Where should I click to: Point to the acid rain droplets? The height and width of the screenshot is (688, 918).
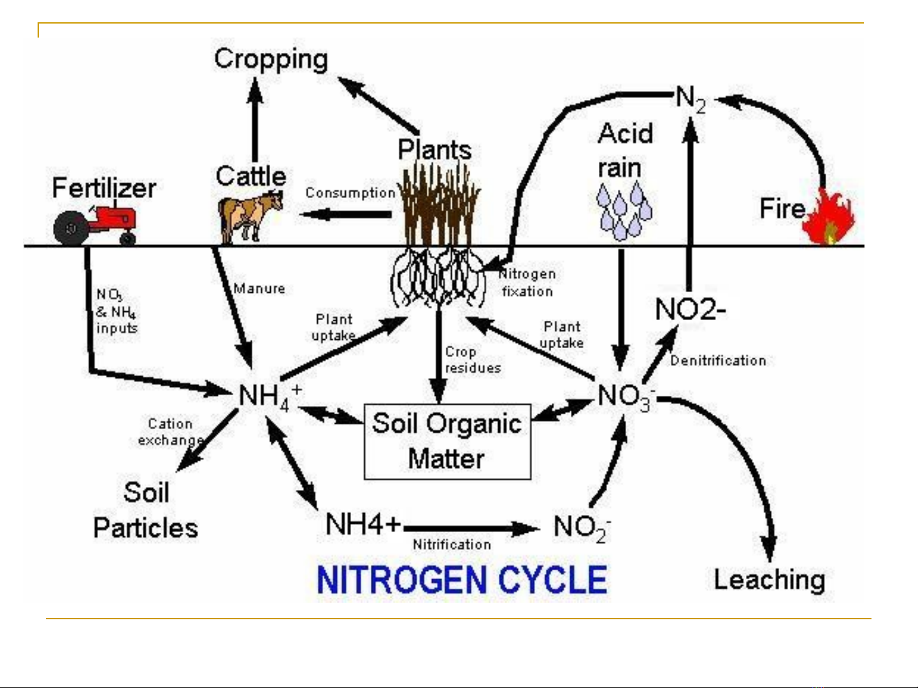[624, 211]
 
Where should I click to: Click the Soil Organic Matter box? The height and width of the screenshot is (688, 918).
[447, 441]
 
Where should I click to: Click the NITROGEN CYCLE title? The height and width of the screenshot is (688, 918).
[461, 579]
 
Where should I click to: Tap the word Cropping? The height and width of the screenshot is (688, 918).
[271, 59]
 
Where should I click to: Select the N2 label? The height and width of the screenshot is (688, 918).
[691, 99]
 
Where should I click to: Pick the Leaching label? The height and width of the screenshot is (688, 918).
[769, 580]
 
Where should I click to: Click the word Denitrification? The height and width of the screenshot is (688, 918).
[718, 361]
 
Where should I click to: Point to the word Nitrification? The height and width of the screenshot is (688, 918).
[452, 545]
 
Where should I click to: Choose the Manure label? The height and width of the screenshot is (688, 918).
[259, 289]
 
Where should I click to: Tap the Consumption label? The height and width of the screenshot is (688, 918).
[350, 193]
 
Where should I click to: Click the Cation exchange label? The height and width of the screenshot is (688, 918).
[170, 432]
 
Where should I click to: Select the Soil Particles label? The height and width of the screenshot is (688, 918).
[146, 510]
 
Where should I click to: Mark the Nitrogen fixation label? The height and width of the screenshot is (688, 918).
[527, 283]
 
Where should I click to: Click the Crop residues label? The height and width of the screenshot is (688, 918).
[472, 360]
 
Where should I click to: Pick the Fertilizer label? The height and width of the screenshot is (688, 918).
[104, 188]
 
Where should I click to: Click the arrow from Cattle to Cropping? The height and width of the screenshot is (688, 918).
[255, 121]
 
